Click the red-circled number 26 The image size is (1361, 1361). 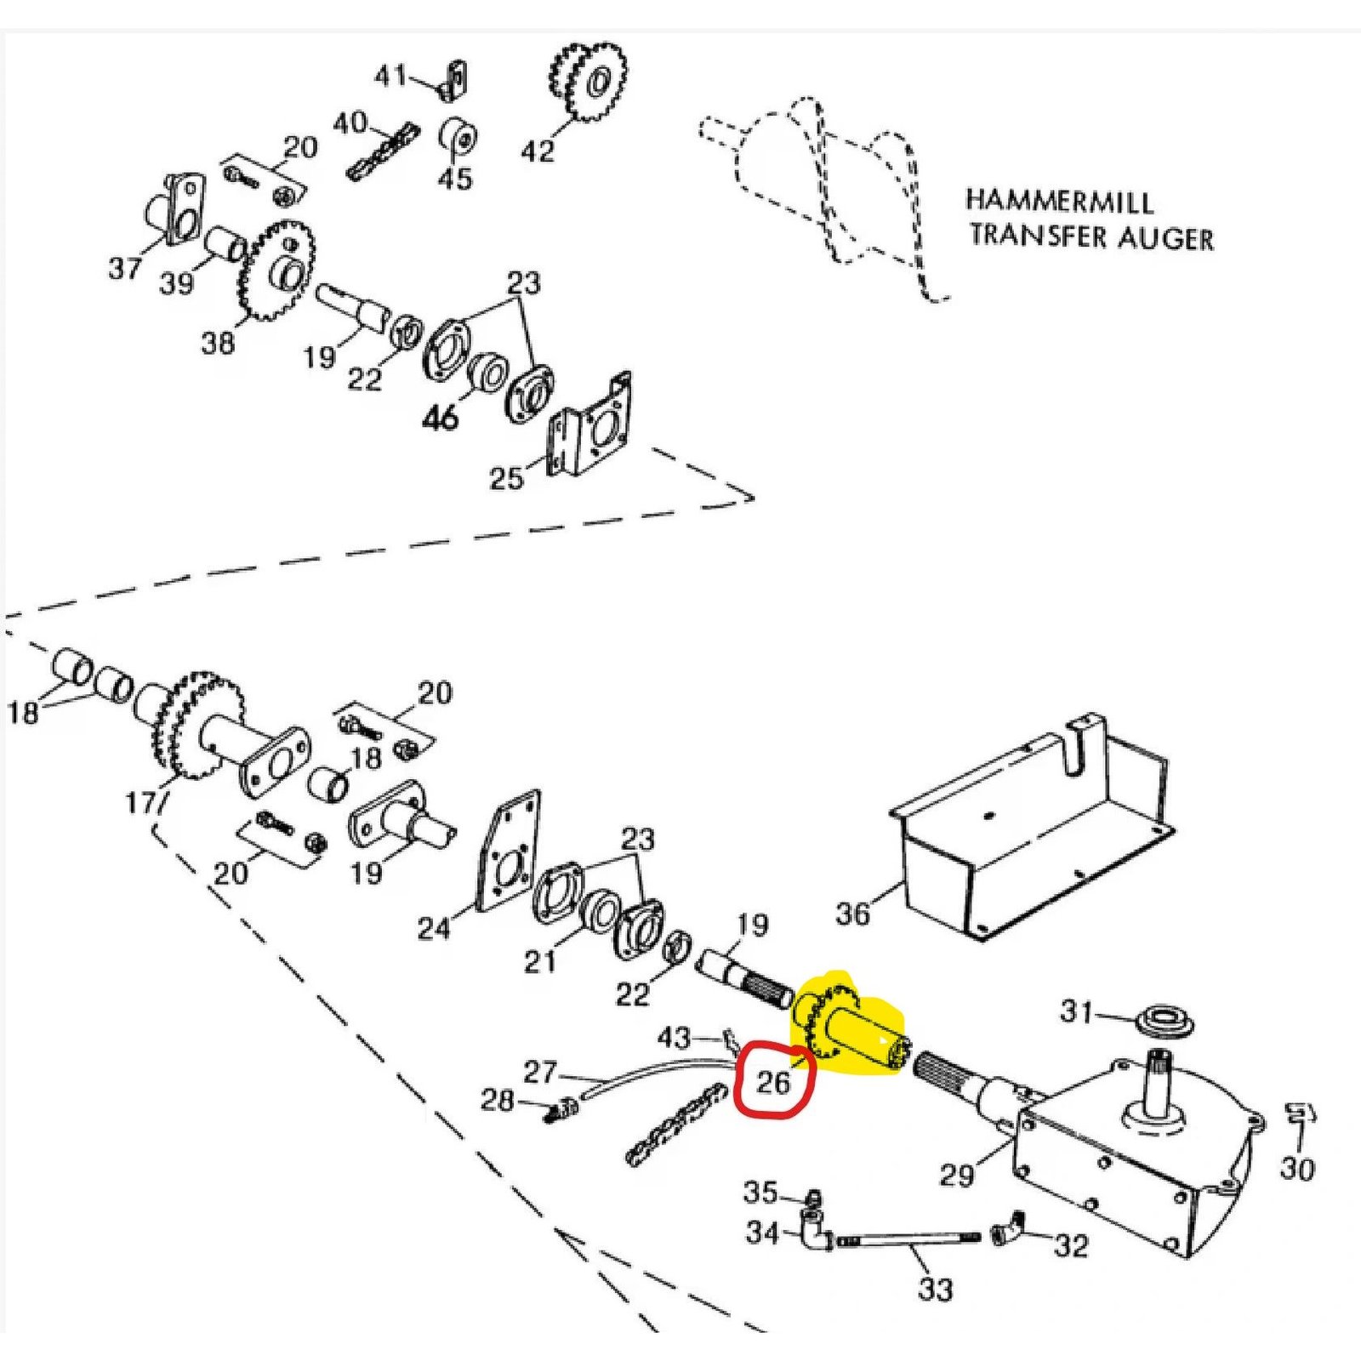pyautogui.click(x=773, y=1081)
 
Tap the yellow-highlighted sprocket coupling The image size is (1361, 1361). pyautogui.click(x=851, y=1029)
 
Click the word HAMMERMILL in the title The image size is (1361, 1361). pyautogui.click(x=1059, y=202)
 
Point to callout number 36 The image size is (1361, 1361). pyautogui.click(x=852, y=914)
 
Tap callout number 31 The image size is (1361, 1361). pyautogui.click(x=1076, y=1011)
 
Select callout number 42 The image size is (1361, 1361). pyautogui.click(x=537, y=151)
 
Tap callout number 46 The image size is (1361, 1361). pyautogui.click(x=440, y=417)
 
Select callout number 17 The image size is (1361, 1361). pyautogui.click(x=140, y=802)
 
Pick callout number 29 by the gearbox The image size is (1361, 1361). pyautogui.click(x=956, y=1175)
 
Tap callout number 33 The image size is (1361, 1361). pyautogui.click(x=935, y=1289)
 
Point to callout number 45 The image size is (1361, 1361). pyautogui.click(x=454, y=179)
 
